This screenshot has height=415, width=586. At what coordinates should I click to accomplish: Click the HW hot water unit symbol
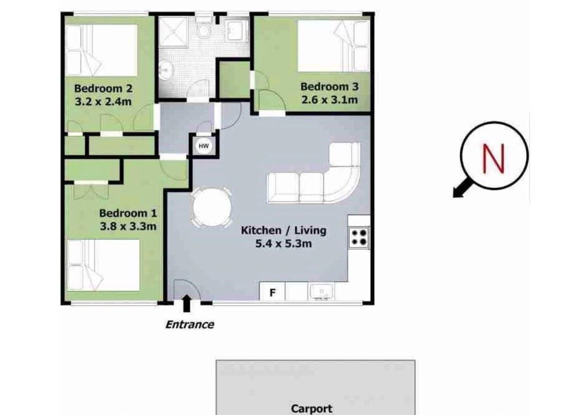204,146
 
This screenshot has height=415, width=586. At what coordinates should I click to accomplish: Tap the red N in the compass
494,158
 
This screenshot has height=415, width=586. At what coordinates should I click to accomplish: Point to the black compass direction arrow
463,188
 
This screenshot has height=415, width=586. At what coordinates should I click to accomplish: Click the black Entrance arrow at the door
186,303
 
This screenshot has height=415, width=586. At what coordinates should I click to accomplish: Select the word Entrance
190,325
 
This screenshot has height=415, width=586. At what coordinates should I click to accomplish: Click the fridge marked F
272,292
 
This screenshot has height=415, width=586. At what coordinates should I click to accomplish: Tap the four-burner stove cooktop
359,238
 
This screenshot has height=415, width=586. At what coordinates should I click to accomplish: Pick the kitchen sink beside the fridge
321,291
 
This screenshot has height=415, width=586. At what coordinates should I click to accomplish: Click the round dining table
212,207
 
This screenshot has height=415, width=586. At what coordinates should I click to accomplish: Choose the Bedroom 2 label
103,88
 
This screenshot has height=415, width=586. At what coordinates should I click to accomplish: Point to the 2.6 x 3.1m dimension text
330,99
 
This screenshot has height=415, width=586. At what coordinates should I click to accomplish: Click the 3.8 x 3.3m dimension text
128,226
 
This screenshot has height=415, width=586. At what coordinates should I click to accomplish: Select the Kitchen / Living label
284,230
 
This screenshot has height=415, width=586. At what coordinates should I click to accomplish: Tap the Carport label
311,408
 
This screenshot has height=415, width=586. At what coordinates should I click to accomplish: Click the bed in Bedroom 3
334,46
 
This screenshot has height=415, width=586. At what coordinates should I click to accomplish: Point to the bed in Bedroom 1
103,265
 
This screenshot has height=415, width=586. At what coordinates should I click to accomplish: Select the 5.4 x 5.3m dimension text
284,244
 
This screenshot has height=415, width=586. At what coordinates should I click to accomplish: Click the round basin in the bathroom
166,69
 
